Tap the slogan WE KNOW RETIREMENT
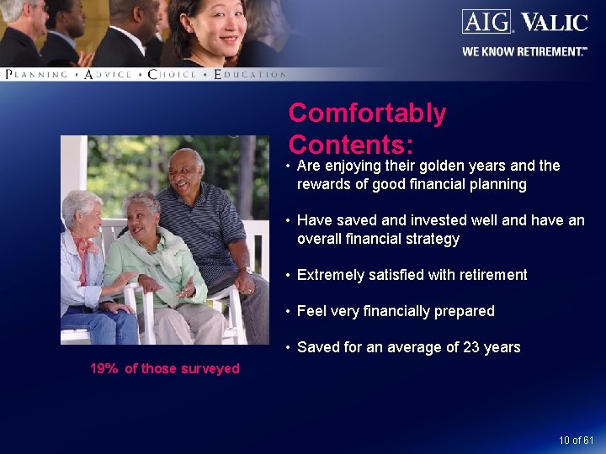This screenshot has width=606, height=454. pos(523,51)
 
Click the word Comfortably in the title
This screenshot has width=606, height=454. pos(367,113)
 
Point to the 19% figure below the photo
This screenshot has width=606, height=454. pos(104,368)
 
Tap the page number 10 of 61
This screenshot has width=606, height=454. pos(576,441)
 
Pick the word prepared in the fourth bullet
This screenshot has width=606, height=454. pos(464,311)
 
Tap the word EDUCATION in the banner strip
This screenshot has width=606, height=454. pos(250,75)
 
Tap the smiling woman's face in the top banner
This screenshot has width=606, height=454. pos(221,25)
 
